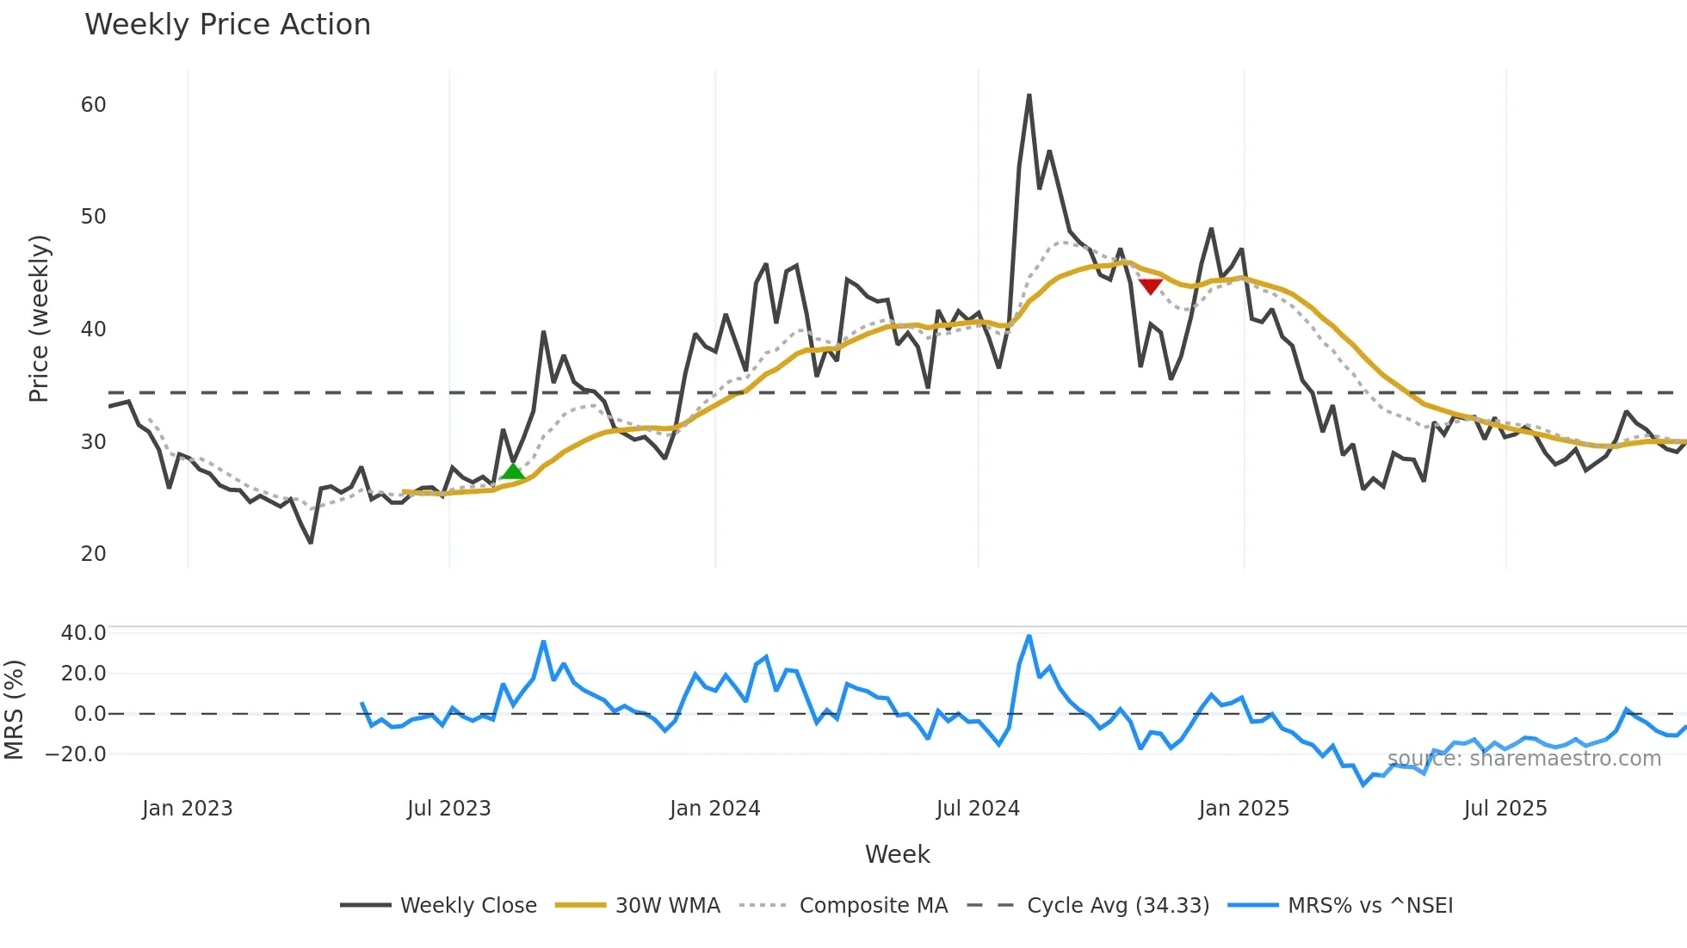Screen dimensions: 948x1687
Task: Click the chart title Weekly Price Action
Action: [227, 25]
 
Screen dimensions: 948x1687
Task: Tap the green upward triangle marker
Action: [513, 471]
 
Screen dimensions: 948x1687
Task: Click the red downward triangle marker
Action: [1151, 286]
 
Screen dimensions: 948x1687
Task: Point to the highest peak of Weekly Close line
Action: [1029, 95]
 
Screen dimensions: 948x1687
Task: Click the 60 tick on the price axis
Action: [93, 105]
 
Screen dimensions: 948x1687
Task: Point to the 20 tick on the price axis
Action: [93, 554]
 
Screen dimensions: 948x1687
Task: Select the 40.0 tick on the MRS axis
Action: [83, 633]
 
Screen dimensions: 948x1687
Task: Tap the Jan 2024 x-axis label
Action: [714, 809]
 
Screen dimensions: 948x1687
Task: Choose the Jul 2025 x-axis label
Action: [1505, 809]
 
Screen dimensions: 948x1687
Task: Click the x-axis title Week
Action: [897, 854]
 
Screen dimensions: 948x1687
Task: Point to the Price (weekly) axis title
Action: [39, 318]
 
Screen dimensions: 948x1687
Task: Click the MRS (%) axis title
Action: [14, 710]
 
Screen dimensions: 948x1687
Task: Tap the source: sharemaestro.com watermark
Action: [1523, 759]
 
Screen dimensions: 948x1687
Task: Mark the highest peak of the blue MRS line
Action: [1029, 637]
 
